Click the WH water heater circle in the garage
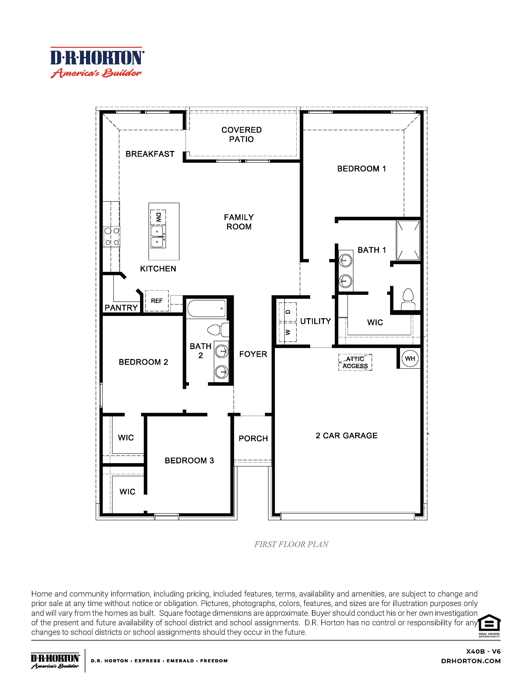tap(410, 358)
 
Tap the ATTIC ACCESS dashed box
tap(355, 362)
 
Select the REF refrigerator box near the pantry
tap(157, 301)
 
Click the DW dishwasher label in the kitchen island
tap(158, 217)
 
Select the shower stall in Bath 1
tap(409, 240)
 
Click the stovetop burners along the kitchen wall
tap(112, 237)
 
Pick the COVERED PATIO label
tap(241, 135)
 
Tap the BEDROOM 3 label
tap(189, 460)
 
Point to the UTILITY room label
tap(316, 321)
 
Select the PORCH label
tap(253, 439)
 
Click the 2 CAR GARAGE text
tap(346, 436)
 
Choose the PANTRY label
tap(121, 308)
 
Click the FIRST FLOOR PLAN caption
tap(291, 544)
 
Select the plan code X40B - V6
tap(483, 652)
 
